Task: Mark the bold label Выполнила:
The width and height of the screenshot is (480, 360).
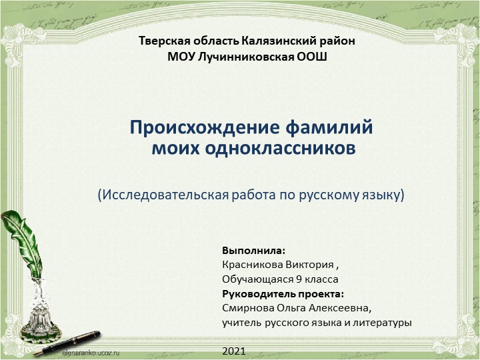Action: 253,251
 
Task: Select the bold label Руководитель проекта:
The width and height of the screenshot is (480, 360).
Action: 283,294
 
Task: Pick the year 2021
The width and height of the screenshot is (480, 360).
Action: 234,351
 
